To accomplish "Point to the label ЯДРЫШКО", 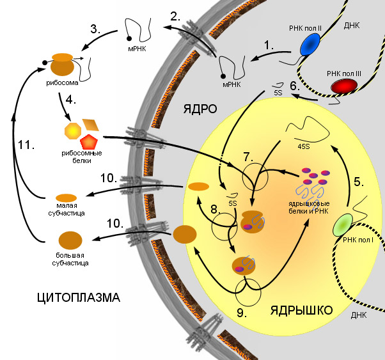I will tap(301, 311).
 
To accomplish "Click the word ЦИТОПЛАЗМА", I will tap(79, 298).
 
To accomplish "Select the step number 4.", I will tap(72, 100).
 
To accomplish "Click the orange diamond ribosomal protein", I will tap(91, 123).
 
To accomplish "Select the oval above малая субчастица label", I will tap(67, 197).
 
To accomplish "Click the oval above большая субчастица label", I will tap(70, 240).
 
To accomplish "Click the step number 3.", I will tap(96, 29).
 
